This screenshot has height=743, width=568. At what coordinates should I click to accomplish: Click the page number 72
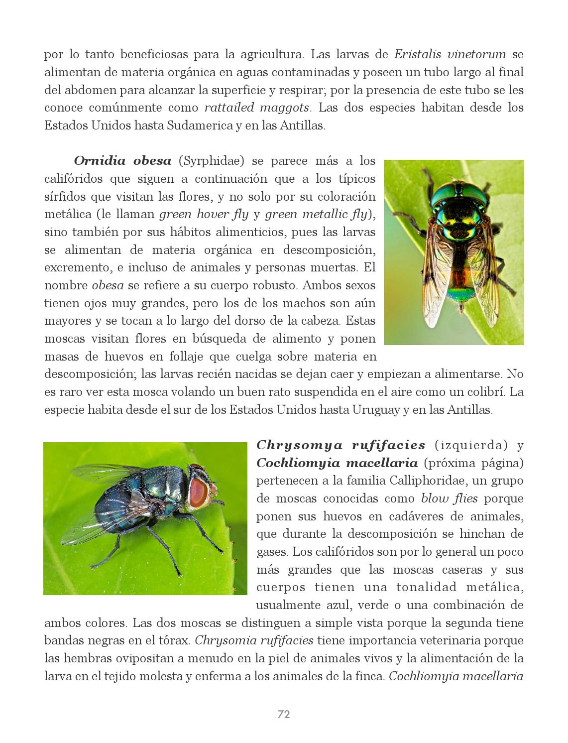pyautogui.click(x=284, y=715)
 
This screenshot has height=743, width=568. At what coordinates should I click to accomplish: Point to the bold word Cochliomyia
pyautogui.click(x=291, y=463)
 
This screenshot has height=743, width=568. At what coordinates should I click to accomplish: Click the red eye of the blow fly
pyautogui.click(x=198, y=492)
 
